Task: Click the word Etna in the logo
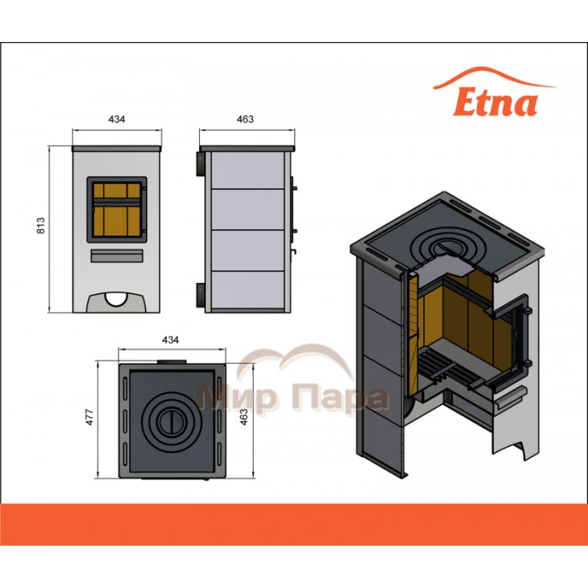[x=496, y=102]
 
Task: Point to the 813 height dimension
[x=40, y=225]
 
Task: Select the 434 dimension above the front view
[x=117, y=119]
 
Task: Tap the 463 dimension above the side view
[x=245, y=119]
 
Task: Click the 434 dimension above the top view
[x=171, y=340]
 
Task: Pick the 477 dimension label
[x=90, y=417]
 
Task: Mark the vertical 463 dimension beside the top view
[x=244, y=417]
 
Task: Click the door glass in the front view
[x=117, y=210]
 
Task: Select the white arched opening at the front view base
[x=117, y=298]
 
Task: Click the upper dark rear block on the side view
[x=201, y=164]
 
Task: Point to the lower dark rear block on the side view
[x=201, y=295]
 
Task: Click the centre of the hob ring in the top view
[x=171, y=423]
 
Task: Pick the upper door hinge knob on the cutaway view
[x=527, y=311]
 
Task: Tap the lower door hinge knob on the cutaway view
[x=527, y=363]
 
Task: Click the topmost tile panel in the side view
[x=248, y=171]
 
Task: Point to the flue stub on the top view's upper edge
[x=171, y=361]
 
